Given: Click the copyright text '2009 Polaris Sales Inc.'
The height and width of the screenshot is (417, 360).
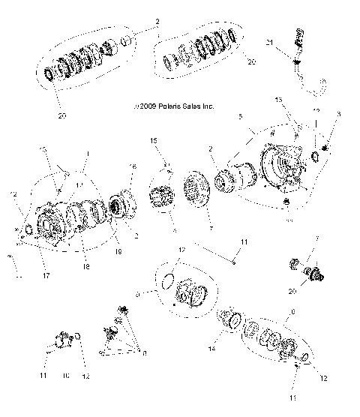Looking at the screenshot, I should pos(175,106).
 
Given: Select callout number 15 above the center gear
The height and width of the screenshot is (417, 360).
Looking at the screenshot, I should pos(154,161).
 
